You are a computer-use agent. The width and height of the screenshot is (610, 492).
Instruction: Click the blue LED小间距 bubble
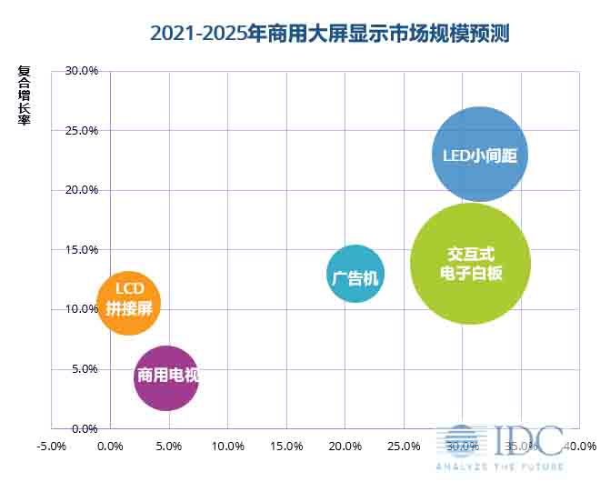click(479, 155)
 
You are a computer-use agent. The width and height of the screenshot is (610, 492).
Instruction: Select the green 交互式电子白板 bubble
click(470, 264)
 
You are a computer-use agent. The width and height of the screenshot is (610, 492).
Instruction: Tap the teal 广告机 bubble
click(355, 274)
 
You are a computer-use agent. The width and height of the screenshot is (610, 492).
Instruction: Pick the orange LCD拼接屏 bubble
click(129, 303)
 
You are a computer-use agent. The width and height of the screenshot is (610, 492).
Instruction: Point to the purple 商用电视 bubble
click(166, 377)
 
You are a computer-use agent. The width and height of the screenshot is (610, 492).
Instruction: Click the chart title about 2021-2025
click(329, 35)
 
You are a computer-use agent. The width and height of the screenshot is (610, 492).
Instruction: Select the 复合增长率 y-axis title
click(24, 95)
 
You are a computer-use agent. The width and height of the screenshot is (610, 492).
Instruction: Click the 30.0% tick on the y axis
click(82, 71)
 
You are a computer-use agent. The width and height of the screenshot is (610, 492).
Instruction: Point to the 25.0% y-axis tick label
click(82, 130)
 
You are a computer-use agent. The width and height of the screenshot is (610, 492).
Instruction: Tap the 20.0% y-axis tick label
click(82, 190)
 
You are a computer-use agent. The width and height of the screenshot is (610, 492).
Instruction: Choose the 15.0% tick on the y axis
click(82, 249)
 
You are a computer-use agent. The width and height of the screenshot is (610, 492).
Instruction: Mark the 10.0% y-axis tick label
click(82, 309)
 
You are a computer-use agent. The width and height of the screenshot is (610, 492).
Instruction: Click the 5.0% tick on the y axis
click(85, 368)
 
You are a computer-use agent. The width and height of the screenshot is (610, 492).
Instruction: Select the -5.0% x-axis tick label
click(51, 447)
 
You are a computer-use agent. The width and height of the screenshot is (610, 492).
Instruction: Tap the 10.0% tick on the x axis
click(227, 447)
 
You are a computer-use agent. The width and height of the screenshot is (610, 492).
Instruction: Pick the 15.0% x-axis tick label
click(286, 447)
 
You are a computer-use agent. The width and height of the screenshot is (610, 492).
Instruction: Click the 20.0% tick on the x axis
click(345, 447)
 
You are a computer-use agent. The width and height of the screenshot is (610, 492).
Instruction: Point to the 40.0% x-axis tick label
click(580, 447)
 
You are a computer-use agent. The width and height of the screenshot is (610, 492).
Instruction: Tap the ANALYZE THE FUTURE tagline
click(499, 467)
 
